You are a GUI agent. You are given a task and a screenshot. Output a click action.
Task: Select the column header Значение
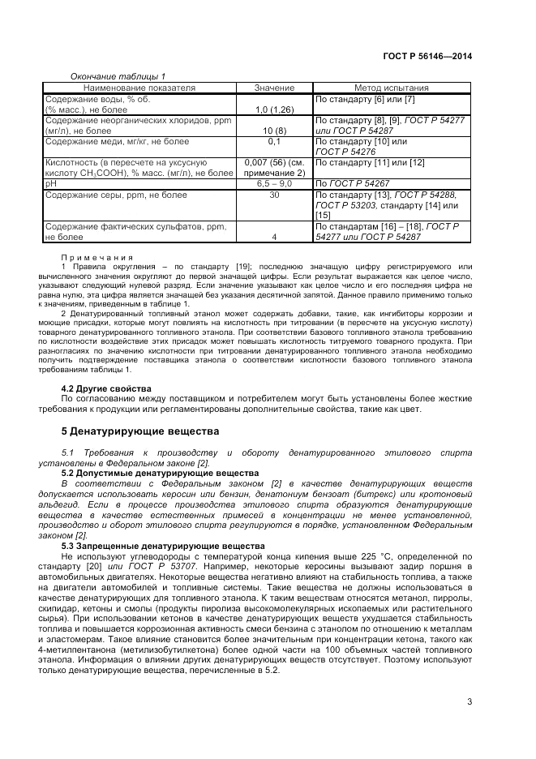pos(274,87)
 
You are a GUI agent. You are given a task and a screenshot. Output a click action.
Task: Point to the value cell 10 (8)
pos(274,130)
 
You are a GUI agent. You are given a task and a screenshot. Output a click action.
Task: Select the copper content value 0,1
pos(274,141)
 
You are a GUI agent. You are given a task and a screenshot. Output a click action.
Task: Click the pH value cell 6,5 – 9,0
pos(274,184)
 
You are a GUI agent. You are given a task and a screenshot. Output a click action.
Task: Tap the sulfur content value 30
pos(274,195)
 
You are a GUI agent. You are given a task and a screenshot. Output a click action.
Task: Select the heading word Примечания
pos(97,256)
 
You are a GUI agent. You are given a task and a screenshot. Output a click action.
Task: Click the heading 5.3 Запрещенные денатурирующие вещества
pos(163,546)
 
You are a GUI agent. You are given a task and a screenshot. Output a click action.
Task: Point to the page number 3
pos(469,701)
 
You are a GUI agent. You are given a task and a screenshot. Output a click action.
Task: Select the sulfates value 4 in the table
pos(274,237)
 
